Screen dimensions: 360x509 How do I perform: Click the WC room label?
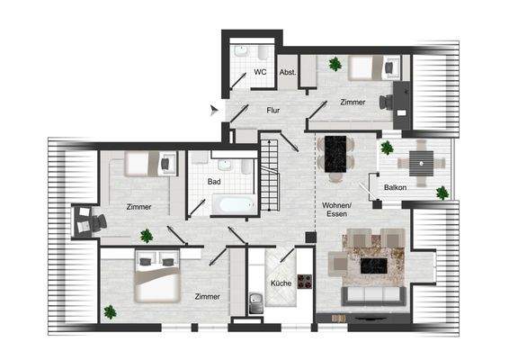pyautogui.click(x=260, y=71)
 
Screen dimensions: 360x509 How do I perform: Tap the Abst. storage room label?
pyautogui.click(x=288, y=72)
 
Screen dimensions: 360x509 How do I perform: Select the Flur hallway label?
pyautogui.click(x=273, y=111)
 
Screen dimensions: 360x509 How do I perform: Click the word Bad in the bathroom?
pyautogui.click(x=214, y=182)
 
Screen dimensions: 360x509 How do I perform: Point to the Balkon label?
pyautogui.click(x=395, y=187)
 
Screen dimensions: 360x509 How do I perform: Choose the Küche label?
pyautogui.click(x=281, y=284)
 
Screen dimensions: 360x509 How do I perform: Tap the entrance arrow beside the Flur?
pyautogui.click(x=214, y=110)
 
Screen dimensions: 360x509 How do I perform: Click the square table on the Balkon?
pyautogui.click(x=421, y=163)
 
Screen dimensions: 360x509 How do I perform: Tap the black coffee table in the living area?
pyautogui.click(x=373, y=266)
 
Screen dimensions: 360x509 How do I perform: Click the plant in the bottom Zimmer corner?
pyautogui.click(x=110, y=312)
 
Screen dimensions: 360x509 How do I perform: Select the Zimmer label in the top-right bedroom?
pyautogui.click(x=353, y=102)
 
